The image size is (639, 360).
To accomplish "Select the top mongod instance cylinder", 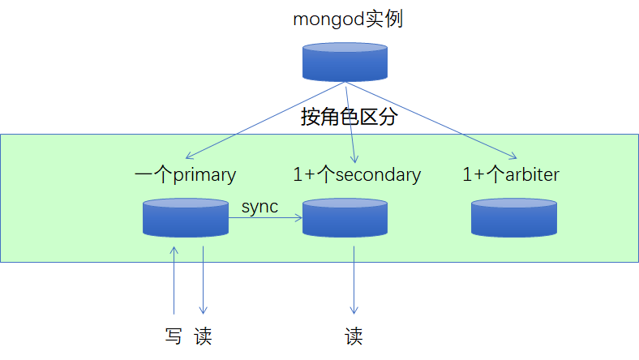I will pyautogui.click(x=345, y=62).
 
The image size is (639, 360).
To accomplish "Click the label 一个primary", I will pyautogui.click(x=185, y=174).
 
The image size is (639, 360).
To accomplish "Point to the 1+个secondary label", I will pyautogui.click(x=357, y=174).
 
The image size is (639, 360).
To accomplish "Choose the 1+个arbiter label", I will pyautogui.click(x=511, y=174).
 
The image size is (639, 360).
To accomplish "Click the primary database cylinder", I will pyautogui.click(x=185, y=216).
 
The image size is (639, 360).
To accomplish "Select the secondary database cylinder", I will pyautogui.click(x=345, y=216).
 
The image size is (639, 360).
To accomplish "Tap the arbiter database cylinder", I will pyautogui.click(x=514, y=216).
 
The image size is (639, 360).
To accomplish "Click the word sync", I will pyautogui.click(x=259, y=207).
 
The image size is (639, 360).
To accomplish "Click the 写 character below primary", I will pyautogui.click(x=174, y=336).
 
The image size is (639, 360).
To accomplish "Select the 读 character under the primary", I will pyautogui.click(x=203, y=336).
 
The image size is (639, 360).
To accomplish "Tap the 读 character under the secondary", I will pyautogui.click(x=354, y=336).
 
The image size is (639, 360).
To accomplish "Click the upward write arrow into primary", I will pyautogui.click(x=174, y=280).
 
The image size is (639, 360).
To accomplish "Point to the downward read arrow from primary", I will pyautogui.click(x=203, y=280).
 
